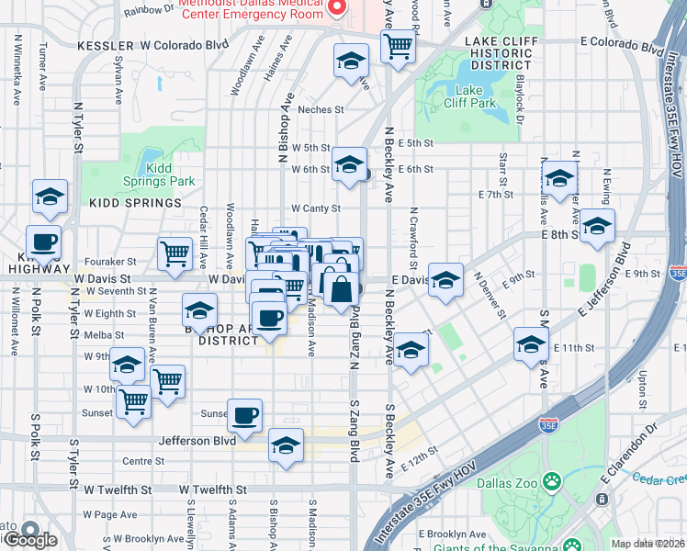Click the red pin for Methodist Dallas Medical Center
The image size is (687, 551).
336,7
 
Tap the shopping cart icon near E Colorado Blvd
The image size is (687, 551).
398,45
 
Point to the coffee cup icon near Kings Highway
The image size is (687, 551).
43,242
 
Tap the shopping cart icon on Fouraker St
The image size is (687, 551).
175,253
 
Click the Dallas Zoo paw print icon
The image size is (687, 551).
552,481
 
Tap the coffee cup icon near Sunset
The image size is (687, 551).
244,415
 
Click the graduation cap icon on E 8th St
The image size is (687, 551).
597,226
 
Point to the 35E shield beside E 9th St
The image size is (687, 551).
678,273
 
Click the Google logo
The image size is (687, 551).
29,538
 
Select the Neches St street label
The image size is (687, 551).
320,108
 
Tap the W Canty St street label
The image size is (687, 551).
316,208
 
